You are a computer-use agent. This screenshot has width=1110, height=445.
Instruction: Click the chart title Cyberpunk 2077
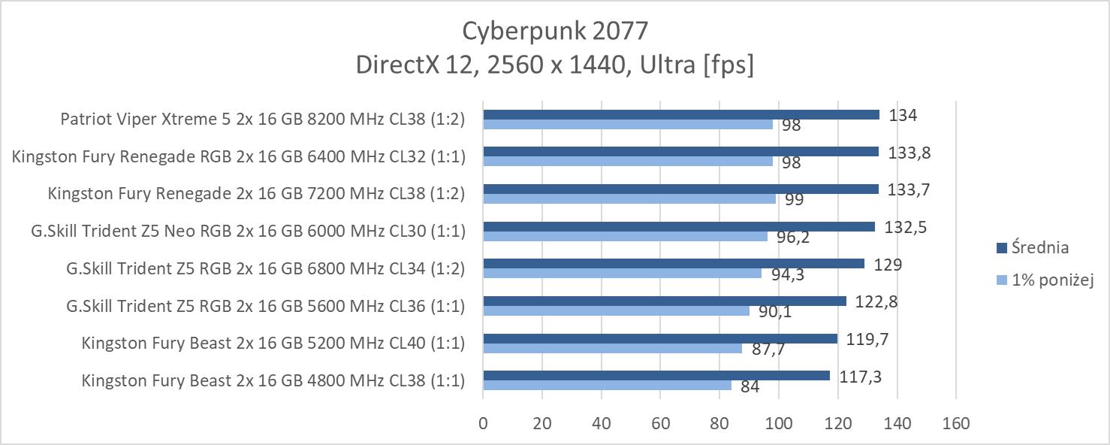point(554,30)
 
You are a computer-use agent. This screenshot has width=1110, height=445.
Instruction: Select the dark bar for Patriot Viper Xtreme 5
point(680,114)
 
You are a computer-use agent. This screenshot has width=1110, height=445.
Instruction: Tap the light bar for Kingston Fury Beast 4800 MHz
point(607,386)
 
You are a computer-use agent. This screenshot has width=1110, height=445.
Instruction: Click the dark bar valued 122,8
point(664,301)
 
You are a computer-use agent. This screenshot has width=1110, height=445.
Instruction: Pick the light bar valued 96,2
point(625,236)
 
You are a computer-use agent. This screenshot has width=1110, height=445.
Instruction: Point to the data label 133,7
point(909,189)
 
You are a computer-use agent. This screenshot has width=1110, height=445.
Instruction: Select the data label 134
point(903,115)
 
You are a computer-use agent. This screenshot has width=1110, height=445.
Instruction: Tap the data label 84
point(750,387)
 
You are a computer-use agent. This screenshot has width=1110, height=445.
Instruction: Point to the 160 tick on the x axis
point(955,423)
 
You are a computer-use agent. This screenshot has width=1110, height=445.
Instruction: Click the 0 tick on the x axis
point(483,423)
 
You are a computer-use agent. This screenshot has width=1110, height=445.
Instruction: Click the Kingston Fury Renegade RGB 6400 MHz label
point(239,156)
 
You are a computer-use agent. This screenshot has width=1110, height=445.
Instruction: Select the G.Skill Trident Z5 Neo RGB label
point(249,231)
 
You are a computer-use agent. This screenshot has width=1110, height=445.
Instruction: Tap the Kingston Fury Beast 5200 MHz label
point(273,343)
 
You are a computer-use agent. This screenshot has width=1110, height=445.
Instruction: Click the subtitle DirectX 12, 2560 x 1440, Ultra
point(554,65)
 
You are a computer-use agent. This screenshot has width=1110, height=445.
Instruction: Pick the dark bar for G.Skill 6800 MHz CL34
point(673,264)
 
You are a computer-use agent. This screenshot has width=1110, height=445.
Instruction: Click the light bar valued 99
point(629,198)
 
